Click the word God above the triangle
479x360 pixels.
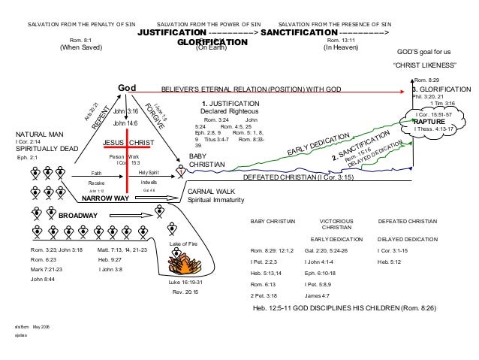[125, 89]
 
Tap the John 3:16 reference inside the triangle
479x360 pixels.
[125, 110]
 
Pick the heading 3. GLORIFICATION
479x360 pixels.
[444, 88]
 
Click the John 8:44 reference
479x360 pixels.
[44, 279]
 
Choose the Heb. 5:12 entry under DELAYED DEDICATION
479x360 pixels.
[389, 260]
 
